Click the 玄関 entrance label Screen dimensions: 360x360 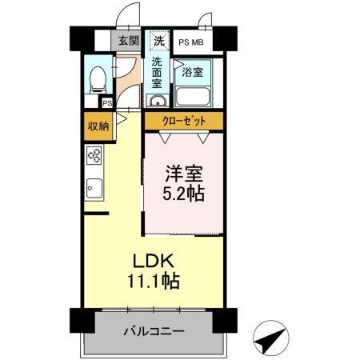129,41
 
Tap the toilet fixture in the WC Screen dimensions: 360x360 98,80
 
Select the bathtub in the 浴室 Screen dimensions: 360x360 193,98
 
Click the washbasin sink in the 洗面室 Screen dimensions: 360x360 158,101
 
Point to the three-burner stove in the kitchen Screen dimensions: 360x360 94,155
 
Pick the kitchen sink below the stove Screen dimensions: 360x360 94,188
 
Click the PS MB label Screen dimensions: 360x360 191,42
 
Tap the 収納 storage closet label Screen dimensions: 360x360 98,126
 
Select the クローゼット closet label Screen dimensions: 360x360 184,122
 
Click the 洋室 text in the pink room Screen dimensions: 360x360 184,174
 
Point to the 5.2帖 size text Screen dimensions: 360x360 184,194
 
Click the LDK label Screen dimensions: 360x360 154,261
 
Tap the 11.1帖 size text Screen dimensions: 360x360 154,281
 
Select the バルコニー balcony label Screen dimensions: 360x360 154,331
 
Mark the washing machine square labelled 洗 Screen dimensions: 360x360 159,41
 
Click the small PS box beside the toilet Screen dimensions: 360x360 107,103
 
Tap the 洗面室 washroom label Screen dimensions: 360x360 157,73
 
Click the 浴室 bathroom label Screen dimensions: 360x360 193,72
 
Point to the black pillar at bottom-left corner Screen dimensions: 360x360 82,320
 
